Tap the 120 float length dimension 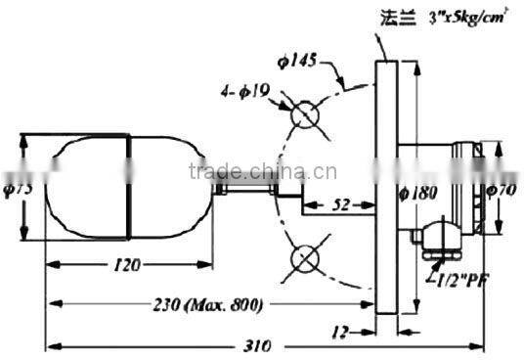pyautogui.click(x=126, y=264)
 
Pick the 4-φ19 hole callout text pyautogui.click(x=245, y=94)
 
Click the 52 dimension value pyautogui.click(x=340, y=205)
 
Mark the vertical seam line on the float pyautogui.click(x=130, y=189)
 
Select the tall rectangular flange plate pyautogui.click(x=386, y=186)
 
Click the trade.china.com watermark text pyautogui.click(x=238, y=173)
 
